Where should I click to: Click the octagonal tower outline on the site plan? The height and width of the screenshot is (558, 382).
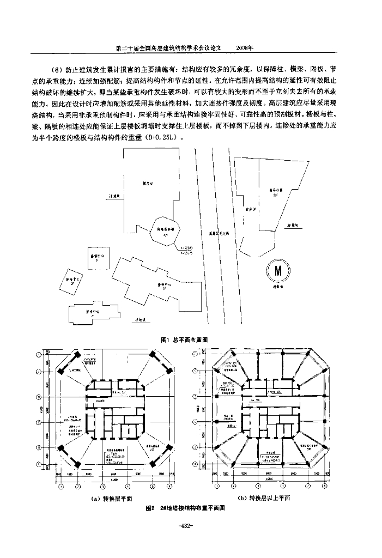coord(163,231)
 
